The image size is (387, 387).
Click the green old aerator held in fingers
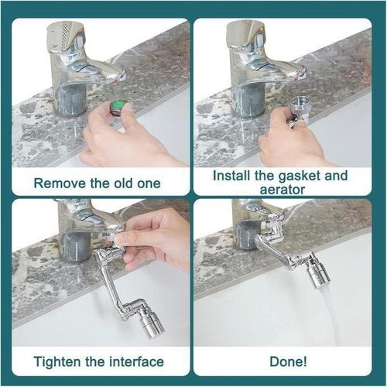tap(118, 108)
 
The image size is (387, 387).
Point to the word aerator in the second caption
tap(282, 190)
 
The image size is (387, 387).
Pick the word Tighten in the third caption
tap(57, 361)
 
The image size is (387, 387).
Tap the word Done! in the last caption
tap(288, 361)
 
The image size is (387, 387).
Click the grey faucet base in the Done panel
tap(245, 235)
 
